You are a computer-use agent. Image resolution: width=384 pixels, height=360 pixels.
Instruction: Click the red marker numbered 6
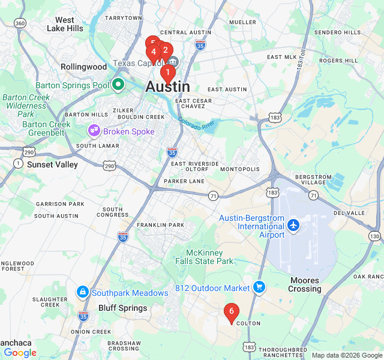tap(231, 311)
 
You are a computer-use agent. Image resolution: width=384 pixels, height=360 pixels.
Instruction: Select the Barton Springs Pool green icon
tap(118, 85)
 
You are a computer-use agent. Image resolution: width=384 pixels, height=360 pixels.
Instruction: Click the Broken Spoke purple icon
tap(94, 130)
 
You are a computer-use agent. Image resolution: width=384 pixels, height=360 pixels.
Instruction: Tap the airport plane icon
tap(293, 226)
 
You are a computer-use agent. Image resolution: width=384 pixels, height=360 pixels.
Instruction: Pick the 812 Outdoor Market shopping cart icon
tap(259, 287)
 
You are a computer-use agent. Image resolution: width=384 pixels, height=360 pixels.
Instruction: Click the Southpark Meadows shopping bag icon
tap(82, 292)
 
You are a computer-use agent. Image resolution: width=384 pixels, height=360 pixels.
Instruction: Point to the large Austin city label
tap(168, 87)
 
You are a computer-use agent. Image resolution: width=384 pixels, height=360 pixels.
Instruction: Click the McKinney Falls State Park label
tap(205, 257)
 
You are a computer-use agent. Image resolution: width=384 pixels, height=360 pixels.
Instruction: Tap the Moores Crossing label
tap(305, 284)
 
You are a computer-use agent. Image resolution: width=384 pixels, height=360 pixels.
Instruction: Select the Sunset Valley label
tap(52, 164)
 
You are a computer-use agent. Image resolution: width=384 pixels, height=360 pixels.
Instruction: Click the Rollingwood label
tap(83, 67)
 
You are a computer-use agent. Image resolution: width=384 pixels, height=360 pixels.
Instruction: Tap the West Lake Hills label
tap(65, 24)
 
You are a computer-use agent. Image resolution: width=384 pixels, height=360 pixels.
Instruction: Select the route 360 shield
tap(20, 23)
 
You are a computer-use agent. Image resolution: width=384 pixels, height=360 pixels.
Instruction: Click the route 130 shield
tap(375, 237)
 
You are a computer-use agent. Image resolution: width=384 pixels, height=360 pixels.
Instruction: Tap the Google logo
tap(20, 353)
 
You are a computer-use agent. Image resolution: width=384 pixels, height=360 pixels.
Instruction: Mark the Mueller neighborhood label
tap(242, 22)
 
